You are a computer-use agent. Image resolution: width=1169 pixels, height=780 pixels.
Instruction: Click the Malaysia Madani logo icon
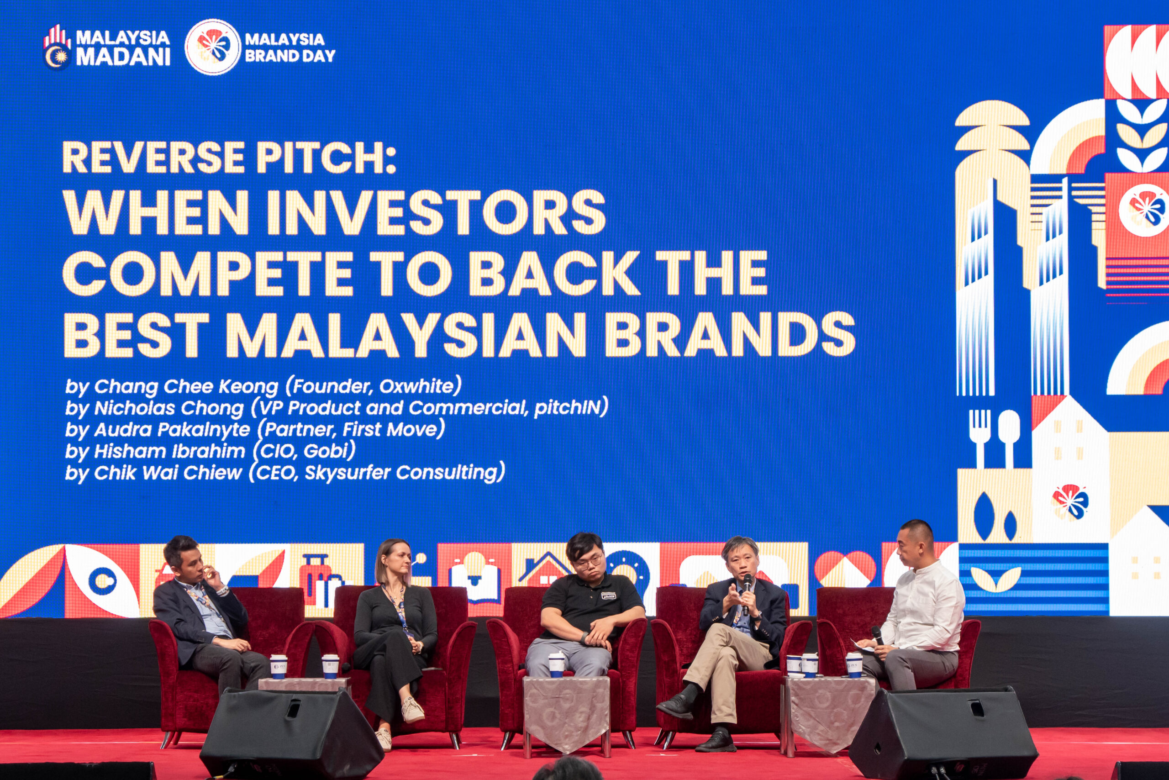coord(57,47)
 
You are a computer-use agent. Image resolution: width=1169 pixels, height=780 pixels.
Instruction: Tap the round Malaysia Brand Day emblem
coord(212,47)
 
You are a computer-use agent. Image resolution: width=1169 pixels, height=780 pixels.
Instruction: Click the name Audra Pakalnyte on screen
coord(172,429)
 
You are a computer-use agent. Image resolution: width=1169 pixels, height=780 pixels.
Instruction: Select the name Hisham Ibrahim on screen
coord(169,451)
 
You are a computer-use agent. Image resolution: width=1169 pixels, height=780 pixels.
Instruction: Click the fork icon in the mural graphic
coord(979,438)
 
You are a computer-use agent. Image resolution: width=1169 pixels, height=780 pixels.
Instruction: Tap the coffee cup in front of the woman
coord(330,667)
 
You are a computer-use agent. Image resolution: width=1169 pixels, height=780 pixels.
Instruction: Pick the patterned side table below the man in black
coord(566,712)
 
